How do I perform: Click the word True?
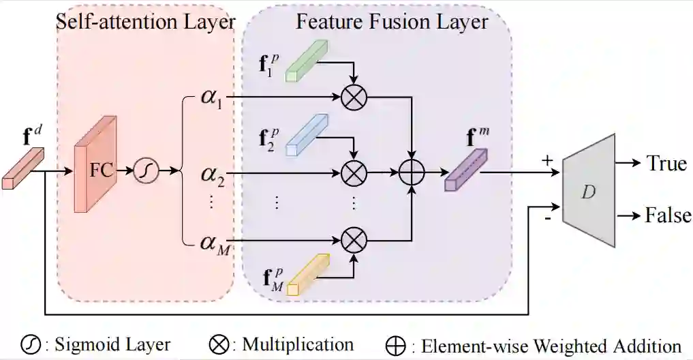[x=666, y=164]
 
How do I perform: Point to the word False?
[x=668, y=216]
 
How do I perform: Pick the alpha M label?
[x=215, y=241]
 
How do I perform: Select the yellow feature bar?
[x=308, y=274]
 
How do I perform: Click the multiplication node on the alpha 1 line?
[x=354, y=97]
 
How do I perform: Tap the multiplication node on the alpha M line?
[x=354, y=239]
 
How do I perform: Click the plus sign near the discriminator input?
[x=546, y=162]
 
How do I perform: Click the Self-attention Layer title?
[x=145, y=21]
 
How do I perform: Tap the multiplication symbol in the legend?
[x=218, y=344]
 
